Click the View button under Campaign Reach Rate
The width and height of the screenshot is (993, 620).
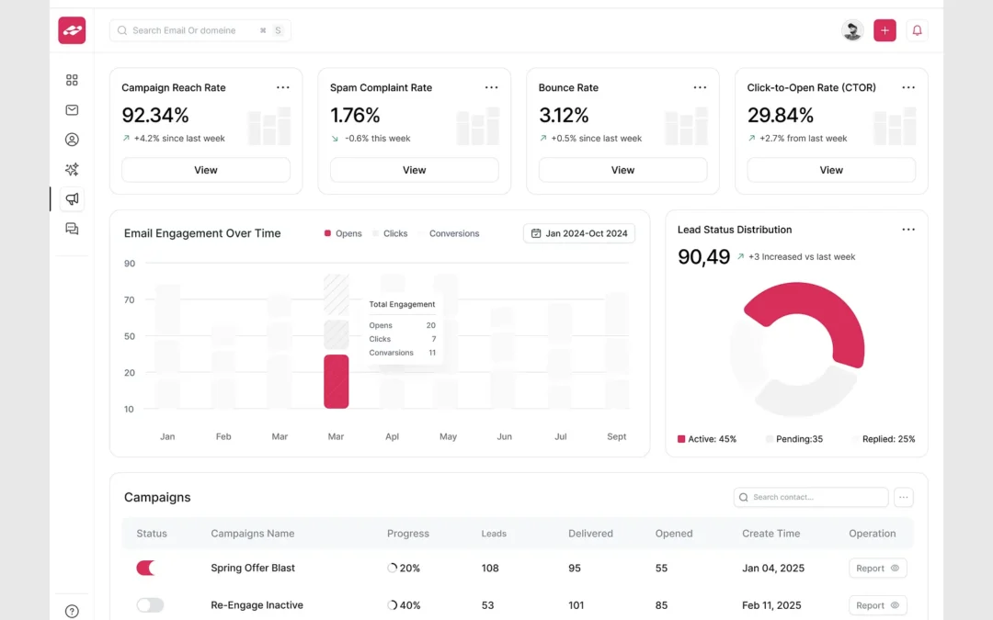[x=206, y=170]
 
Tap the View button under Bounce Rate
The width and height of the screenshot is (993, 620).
[x=622, y=170]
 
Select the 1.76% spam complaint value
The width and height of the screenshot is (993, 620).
[x=355, y=115]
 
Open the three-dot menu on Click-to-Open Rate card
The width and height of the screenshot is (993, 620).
[x=908, y=87]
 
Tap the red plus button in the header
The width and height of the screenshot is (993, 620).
[x=885, y=30]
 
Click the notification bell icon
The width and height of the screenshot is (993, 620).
[x=917, y=30]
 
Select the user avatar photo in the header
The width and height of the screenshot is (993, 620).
[x=852, y=30]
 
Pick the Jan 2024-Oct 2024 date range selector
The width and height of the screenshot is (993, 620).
[x=579, y=233]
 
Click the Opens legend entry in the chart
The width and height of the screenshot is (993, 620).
[x=343, y=233]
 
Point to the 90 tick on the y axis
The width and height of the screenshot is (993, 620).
[x=130, y=264]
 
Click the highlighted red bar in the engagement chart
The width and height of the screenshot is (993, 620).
[x=337, y=381]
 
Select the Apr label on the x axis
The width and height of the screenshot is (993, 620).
[x=392, y=436]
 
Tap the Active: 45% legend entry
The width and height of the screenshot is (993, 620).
[x=707, y=439]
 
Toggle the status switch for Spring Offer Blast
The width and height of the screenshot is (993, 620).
[x=146, y=568]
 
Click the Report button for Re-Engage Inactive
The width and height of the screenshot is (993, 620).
[x=877, y=605]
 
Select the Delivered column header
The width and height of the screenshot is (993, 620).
[x=590, y=533]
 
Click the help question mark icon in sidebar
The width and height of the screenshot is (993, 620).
[x=72, y=611]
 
